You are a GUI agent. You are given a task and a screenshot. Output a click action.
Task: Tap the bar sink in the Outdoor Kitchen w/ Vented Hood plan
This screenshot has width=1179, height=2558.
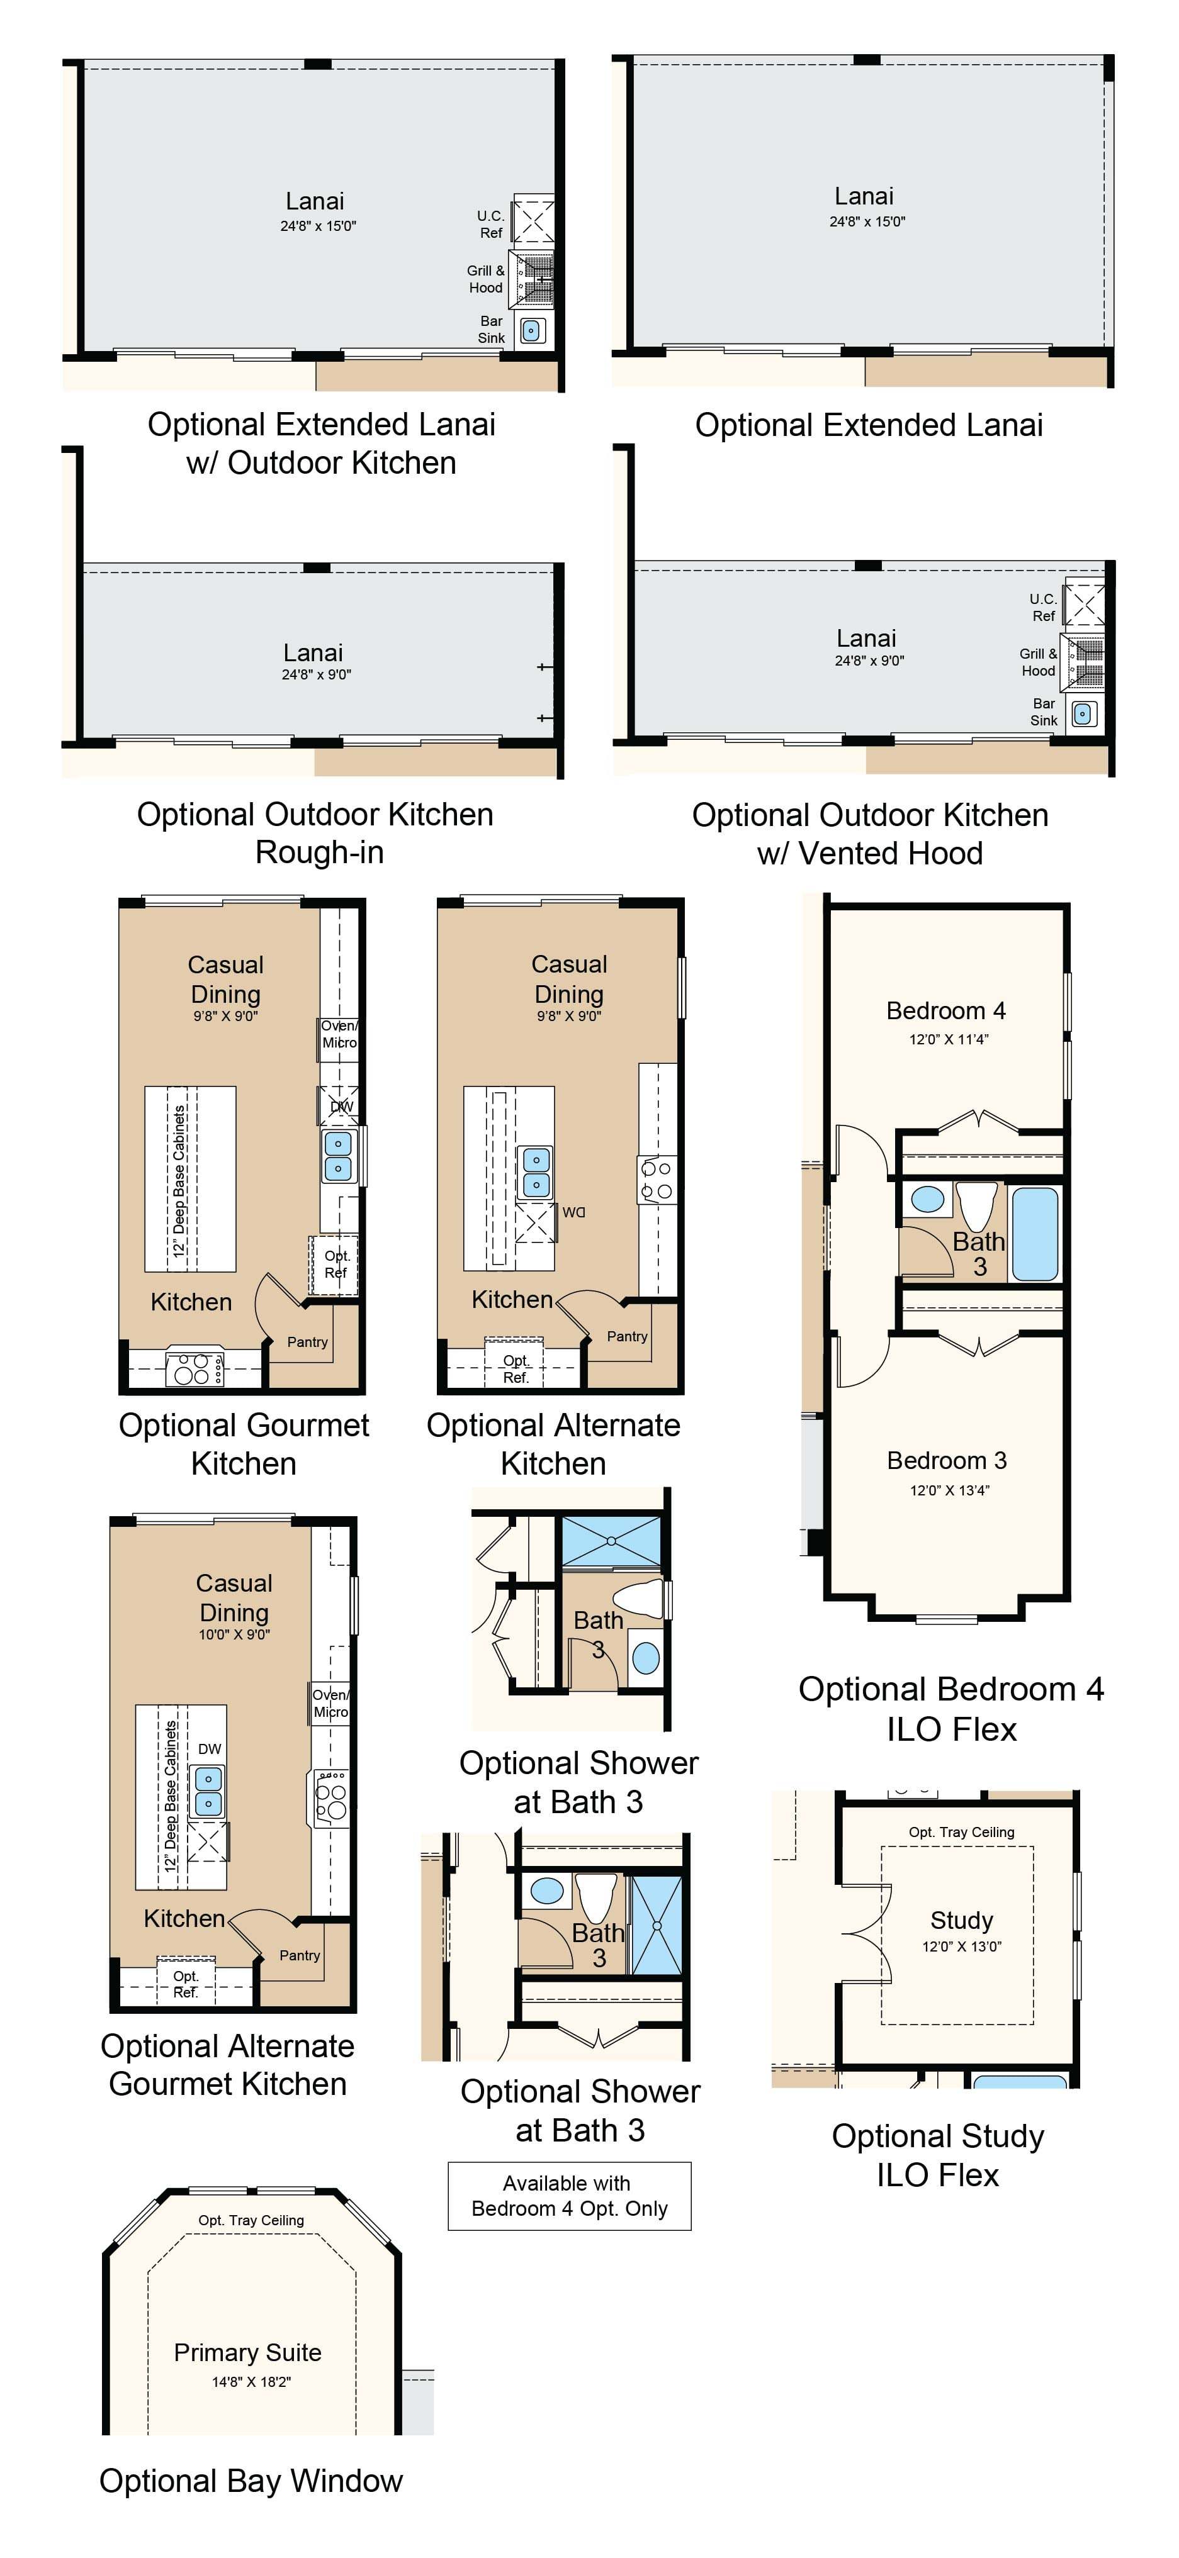click(1083, 714)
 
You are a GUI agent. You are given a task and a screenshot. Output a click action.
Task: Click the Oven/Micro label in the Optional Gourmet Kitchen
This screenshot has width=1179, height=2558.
click(339, 1034)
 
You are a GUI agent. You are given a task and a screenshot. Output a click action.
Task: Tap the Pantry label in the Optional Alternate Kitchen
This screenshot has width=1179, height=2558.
click(628, 1337)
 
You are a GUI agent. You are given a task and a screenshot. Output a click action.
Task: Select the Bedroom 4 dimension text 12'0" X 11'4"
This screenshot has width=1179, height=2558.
click(949, 1039)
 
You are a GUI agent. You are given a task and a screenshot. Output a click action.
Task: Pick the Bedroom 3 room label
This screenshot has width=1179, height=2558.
click(947, 1461)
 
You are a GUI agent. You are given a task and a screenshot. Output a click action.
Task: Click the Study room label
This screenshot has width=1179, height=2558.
click(961, 1921)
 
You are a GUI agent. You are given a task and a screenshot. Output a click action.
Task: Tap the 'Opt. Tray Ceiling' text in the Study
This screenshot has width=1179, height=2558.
click(961, 1832)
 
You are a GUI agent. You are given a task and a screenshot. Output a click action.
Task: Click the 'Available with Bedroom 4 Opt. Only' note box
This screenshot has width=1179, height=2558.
click(569, 2196)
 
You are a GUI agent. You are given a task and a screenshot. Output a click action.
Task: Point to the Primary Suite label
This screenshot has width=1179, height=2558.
click(247, 2352)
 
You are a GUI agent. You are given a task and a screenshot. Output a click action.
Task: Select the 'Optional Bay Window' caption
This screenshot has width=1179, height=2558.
click(251, 2481)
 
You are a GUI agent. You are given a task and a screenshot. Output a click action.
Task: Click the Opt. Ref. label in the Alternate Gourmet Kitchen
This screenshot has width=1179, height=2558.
click(186, 1984)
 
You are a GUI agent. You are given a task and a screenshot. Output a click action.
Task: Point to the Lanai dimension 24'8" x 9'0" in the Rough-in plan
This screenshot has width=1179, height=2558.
click(316, 674)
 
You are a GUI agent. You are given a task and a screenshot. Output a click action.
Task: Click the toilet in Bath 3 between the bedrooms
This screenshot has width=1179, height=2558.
click(976, 1205)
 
